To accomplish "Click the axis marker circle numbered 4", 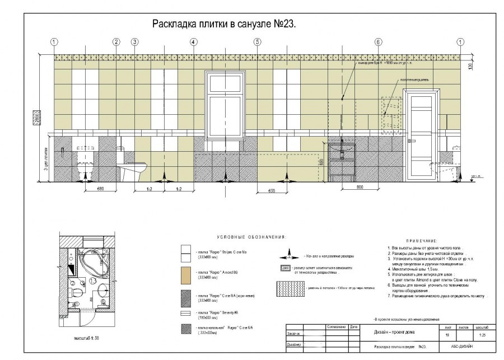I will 193,42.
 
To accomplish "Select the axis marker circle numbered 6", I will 378,42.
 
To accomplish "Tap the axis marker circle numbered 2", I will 116,42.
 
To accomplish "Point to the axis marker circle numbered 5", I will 257,42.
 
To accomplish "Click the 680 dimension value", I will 101,189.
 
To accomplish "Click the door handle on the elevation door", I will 410,140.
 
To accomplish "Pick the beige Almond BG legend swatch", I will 186,274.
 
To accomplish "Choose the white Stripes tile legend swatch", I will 186,253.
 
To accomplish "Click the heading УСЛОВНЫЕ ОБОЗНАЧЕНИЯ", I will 247,237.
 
